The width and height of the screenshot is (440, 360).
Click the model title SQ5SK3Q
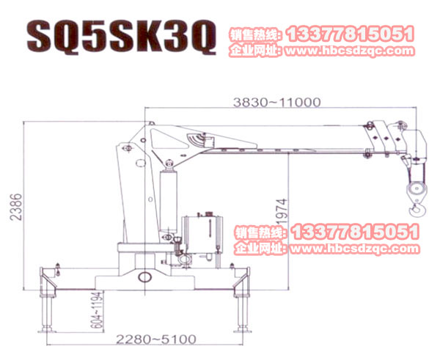point(122,37)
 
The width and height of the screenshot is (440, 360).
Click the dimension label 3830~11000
point(276,103)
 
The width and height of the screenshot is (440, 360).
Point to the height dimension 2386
point(16,207)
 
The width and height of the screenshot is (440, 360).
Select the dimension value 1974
point(282,211)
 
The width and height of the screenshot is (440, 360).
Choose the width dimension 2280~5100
point(156,339)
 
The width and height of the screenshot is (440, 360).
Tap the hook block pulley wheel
point(417,189)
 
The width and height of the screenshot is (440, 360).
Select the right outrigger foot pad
point(242,329)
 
